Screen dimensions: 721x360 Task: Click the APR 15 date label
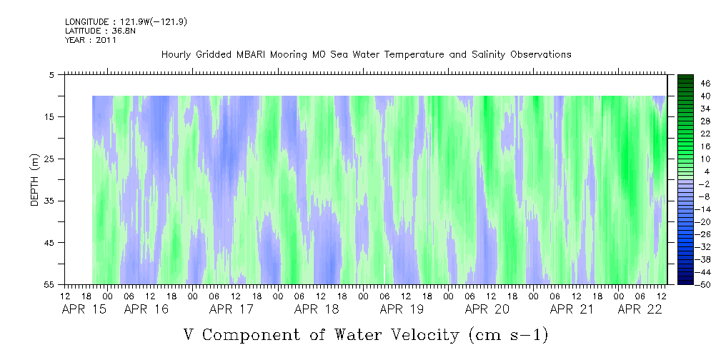pyautogui.click(x=84, y=309)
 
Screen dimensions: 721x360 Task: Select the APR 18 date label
pyautogui.click(x=317, y=309)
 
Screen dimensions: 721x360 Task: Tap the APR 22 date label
pyautogui.click(x=640, y=309)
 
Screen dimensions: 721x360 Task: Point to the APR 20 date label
pyautogui.click(x=487, y=309)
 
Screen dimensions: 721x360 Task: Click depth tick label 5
pyautogui.click(x=51, y=75)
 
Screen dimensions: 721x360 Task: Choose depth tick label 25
pyautogui.click(x=49, y=159)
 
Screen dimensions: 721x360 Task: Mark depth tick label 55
pyautogui.click(x=49, y=284)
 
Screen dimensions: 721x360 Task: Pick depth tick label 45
pyautogui.click(x=49, y=243)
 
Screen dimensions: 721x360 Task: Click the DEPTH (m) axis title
pyautogui.click(x=35, y=180)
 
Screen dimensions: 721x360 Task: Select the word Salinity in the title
pyautogui.click(x=488, y=55)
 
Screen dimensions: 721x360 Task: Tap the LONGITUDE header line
pyautogui.click(x=126, y=21)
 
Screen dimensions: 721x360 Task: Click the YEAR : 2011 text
pyautogui.click(x=91, y=40)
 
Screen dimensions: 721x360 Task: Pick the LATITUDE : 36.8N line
pyautogui.click(x=100, y=31)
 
